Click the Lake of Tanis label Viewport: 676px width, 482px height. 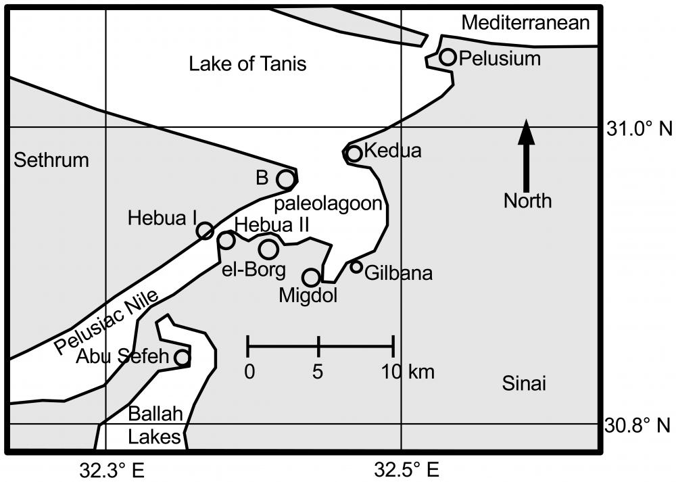click(247, 64)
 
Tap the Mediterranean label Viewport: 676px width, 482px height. click(525, 22)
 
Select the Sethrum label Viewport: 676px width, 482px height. click(51, 160)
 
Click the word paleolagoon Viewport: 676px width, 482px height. click(328, 203)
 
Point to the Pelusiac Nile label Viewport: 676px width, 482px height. click(107, 320)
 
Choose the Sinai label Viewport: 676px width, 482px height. click(524, 383)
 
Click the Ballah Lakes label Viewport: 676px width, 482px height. click(155, 425)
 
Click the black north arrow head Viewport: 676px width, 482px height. click(526, 132)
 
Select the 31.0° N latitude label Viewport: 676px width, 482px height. click(639, 128)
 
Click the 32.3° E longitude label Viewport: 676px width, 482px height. click(112, 470)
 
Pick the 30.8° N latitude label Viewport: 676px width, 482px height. click(637, 425)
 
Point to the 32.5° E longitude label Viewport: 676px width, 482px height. click(406, 470)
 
